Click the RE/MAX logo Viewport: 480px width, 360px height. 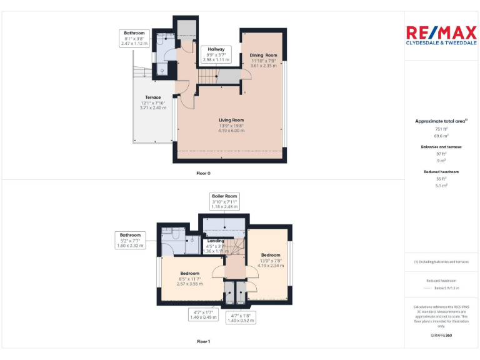441,36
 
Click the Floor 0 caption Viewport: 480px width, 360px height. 203,172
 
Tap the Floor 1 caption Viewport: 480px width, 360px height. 203,342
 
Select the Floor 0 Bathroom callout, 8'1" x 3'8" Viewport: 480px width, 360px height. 134,38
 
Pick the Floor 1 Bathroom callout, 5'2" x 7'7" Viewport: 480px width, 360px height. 130,241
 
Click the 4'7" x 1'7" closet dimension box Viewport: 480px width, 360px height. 203,314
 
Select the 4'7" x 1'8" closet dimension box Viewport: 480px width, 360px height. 241,317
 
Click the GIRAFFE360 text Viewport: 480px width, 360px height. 441,336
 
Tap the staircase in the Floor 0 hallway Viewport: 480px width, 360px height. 211,76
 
